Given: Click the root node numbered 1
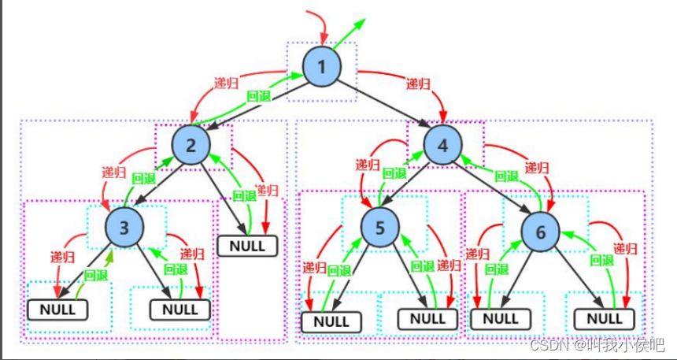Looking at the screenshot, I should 323,66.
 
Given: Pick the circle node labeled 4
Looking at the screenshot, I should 443,145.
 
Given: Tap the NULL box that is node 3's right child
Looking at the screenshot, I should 179,309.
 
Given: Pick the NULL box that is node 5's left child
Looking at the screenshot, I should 331,321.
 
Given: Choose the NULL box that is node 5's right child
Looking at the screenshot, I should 427,318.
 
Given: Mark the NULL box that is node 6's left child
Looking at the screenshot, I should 500,318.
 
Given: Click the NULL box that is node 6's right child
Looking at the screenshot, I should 605,318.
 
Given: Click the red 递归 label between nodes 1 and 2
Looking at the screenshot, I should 228,83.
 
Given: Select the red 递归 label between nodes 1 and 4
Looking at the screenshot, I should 419,84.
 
